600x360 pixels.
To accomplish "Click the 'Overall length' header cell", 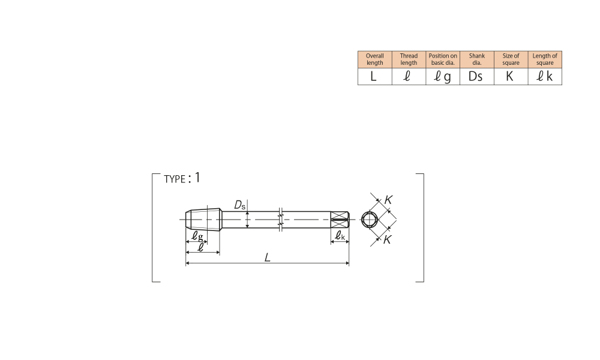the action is pos(374,59).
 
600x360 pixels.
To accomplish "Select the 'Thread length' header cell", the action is pos(409,59).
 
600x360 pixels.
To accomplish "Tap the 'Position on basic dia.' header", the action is pos(443,59).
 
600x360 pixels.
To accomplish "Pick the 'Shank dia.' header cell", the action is pos(477,59).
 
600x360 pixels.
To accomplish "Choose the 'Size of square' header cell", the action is pos(511,59).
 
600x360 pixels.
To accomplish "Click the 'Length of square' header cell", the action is pos(545,59).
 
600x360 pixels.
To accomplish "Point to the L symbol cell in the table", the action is pos(374,77).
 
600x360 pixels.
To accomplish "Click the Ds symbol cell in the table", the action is pos(477,77).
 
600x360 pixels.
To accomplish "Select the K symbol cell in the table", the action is pos(511,77).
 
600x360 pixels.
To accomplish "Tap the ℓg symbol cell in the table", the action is pos(443,77).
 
